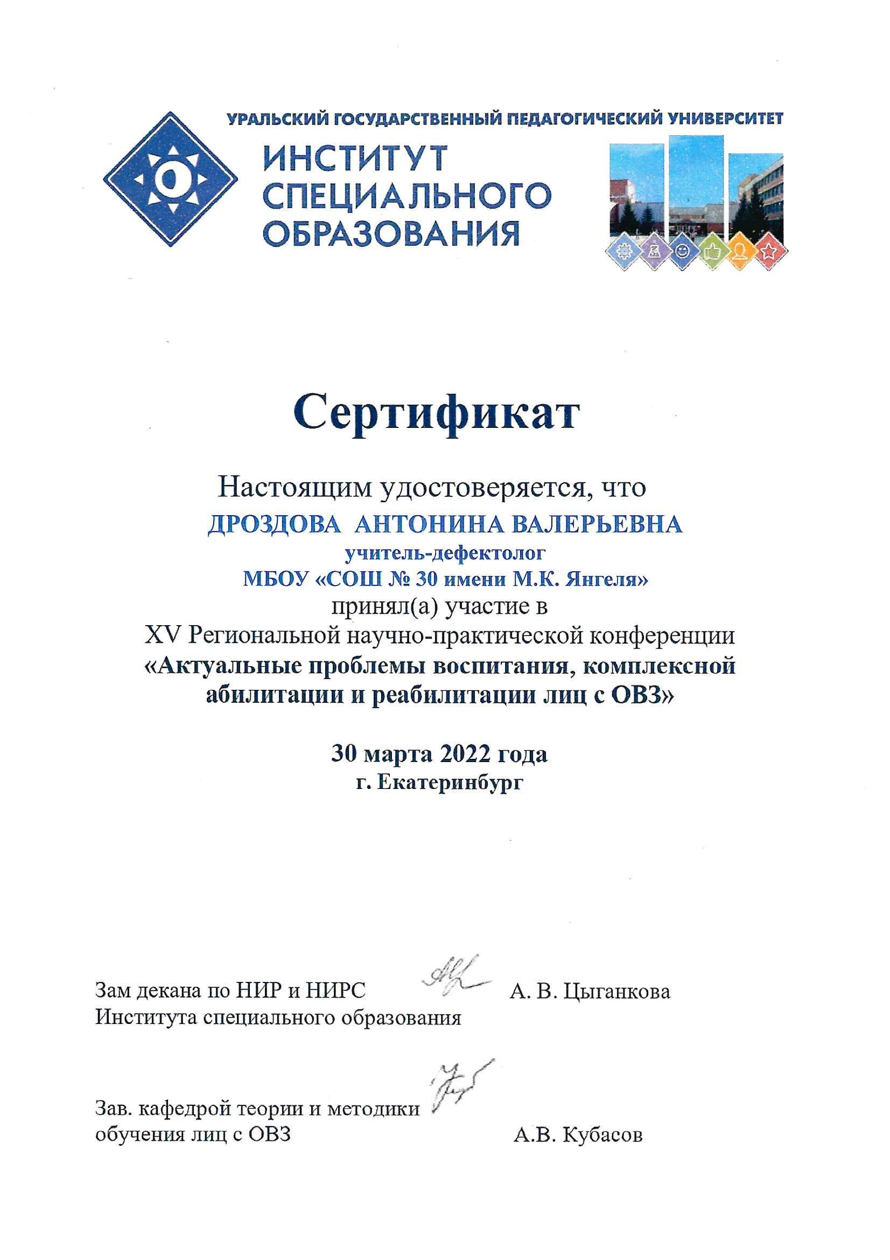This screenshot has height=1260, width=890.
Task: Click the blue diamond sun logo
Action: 170,179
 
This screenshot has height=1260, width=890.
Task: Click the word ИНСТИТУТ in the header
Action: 355,158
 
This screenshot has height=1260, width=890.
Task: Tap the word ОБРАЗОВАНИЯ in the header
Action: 391,234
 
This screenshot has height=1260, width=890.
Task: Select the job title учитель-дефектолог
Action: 445,553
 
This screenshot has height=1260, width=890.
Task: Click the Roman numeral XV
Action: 162,635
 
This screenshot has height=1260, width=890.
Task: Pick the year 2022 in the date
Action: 465,754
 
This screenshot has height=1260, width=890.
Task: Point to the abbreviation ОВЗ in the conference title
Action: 636,695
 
